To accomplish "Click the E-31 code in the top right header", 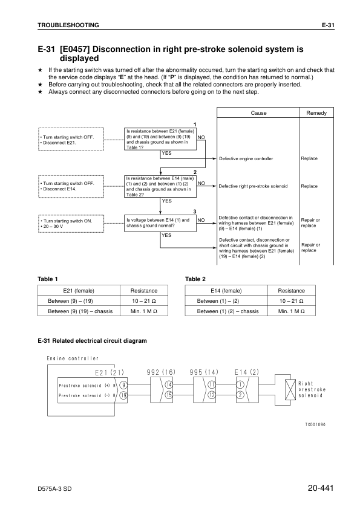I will pyautogui.click(x=327, y=25).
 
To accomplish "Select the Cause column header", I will pyautogui.click(x=258, y=113).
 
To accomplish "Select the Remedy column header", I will pyautogui.click(x=316, y=113).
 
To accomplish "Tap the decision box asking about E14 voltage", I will pyautogui.click(x=160, y=222).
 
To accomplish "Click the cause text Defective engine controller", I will pyautogui.click(x=246, y=158).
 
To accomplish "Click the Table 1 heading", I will pyautogui.click(x=48, y=279).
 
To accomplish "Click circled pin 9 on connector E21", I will pyautogui.click(x=123, y=384).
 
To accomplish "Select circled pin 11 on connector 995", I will pyautogui.click(x=212, y=384).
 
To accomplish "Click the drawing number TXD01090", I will pyautogui.click(x=315, y=424).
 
